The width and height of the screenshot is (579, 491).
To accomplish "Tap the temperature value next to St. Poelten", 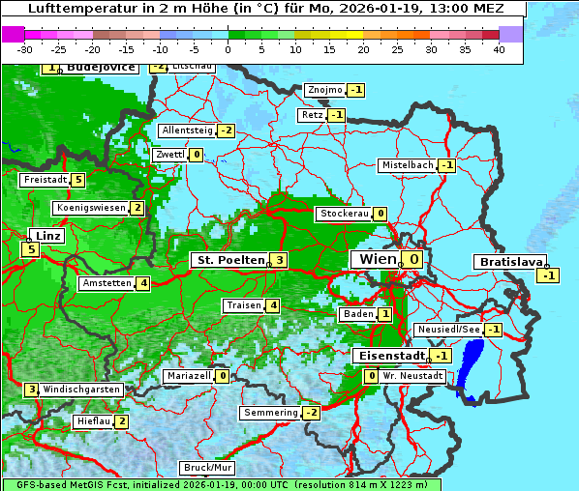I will pos(279,259).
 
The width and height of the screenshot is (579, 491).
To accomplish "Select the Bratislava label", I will pos(508,262).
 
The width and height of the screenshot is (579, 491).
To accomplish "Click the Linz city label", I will pos(45,236).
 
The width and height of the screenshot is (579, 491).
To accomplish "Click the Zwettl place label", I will pos(169,155).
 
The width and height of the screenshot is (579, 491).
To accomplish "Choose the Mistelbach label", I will pos(407,165).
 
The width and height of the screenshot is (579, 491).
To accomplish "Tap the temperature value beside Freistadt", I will pos(78,180).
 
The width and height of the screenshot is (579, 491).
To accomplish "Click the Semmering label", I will pos(271,413).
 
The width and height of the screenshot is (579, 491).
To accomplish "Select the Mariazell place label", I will pos(189,376).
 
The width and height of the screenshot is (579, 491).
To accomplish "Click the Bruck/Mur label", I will pos(207,467).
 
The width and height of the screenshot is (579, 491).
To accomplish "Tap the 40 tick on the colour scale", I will pos(498,49).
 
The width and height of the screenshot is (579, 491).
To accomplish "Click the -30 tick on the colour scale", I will pos(25,49).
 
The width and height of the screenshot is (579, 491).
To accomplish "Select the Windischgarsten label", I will pos(81,390).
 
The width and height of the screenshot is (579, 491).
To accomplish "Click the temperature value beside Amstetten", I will pos(143,283).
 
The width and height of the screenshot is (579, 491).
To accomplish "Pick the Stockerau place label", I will pos(345,214).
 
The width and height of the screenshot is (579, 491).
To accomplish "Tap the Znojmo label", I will pos(324,90).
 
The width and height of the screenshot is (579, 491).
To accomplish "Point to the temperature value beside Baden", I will pos(385,314).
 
